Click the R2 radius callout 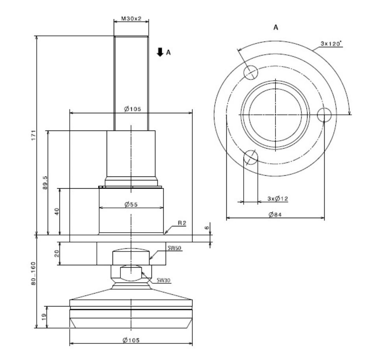tap(181, 223)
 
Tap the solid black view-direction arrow tap(159, 51)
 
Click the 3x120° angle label tap(331, 44)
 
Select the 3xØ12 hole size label tap(277, 199)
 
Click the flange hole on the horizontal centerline tap(324, 115)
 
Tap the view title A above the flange tap(275, 28)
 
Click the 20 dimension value tap(57, 253)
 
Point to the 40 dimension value tap(57, 211)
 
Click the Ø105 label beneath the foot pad tap(131, 340)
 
